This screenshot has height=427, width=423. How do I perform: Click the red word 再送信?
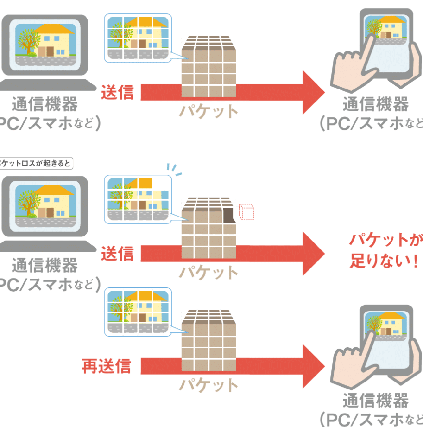coord(106,366)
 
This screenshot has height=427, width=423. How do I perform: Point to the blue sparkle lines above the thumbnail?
coord(175,168)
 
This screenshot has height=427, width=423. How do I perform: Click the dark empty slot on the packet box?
coord(228,215)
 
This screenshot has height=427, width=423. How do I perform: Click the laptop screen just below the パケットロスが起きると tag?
coord(45,202)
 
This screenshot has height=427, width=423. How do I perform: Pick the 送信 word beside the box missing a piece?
coord(117,253)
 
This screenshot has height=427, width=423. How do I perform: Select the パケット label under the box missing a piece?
coord(208,272)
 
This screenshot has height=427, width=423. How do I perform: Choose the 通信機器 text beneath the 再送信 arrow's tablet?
coord(376,400)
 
